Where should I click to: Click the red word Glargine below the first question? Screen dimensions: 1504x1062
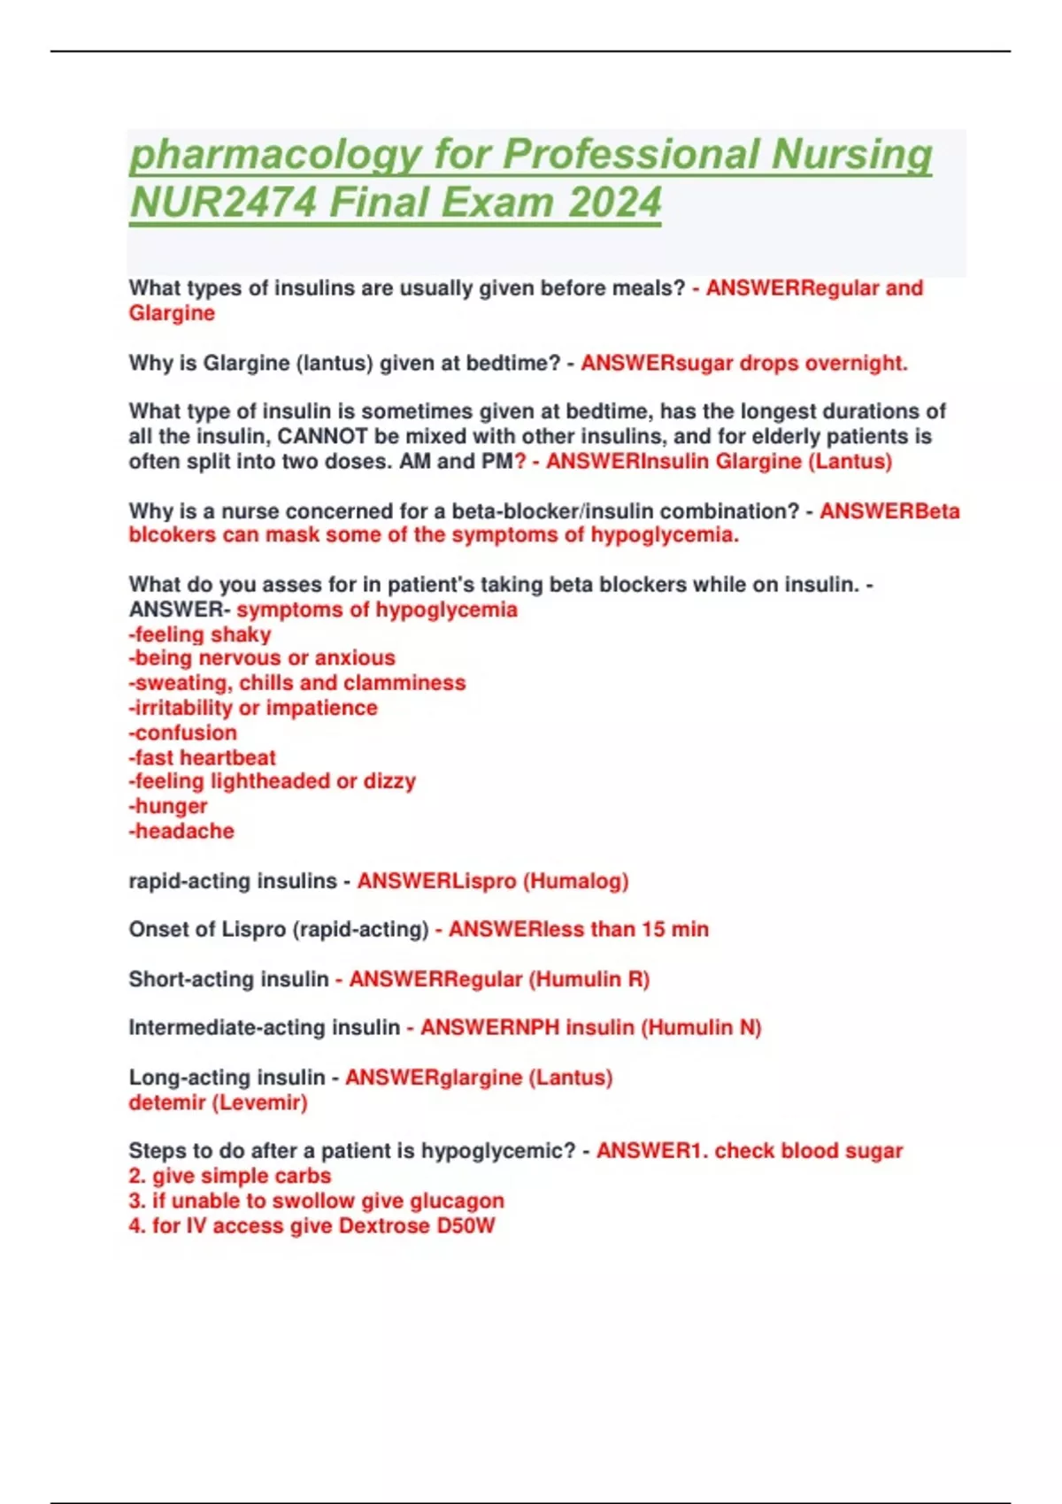pyautogui.click(x=172, y=313)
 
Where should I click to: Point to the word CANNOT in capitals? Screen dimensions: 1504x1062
pyautogui.click(x=322, y=436)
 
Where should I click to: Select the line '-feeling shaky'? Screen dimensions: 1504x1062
pyautogui.click(x=200, y=634)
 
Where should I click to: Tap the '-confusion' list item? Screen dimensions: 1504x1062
pyautogui.click(x=183, y=733)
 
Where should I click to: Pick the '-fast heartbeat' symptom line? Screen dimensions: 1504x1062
pyautogui.click(x=203, y=757)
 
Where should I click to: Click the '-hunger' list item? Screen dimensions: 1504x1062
pyautogui.click(x=168, y=806)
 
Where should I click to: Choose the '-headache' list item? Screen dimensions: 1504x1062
pyautogui.click(x=181, y=831)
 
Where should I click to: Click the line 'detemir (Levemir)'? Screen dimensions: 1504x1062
pyautogui.click(x=218, y=1102)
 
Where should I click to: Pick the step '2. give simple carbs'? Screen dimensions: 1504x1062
pyautogui.click(x=230, y=1176)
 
